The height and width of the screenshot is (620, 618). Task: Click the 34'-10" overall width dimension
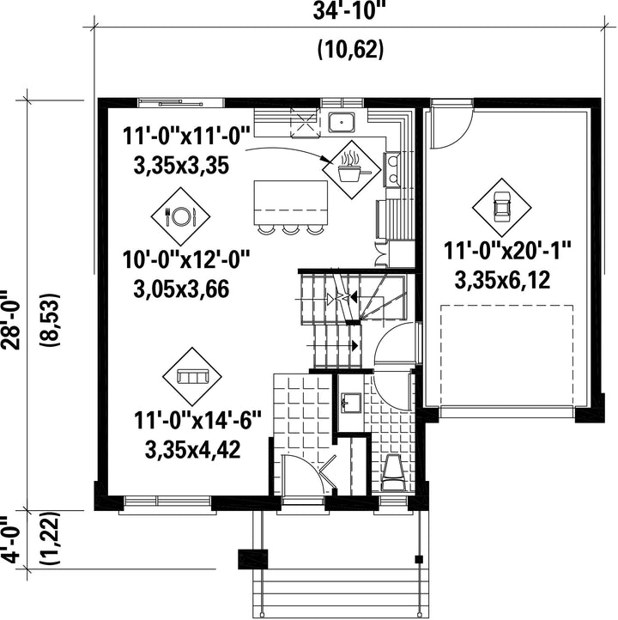pyautogui.click(x=348, y=10)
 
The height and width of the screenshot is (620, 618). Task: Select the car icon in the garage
pyautogui.click(x=502, y=206)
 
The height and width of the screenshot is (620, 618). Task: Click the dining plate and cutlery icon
pyautogui.click(x=180, y=216)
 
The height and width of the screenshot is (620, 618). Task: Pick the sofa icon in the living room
pyautogui.click(x=192, y=376)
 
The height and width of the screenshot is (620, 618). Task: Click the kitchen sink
pyautogui.click(x=342, y=122)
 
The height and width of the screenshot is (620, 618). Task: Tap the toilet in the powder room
pyautogui.click(x=393, y=472)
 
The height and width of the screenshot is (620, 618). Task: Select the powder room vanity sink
pyautogui.click(x=350, y=403)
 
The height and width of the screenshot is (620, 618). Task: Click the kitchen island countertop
pyautogui.click(x=290, y=203)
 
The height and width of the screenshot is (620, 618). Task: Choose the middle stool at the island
pyautogui.click(x=290, y=228)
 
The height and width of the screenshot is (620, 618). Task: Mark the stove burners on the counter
pyautogui.click(x=393, y=169)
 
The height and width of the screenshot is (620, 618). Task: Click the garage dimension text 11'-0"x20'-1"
pyautogui.click(x=508, y=250)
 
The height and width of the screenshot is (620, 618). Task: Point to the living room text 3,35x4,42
pyautogui.click(x=193, y=449)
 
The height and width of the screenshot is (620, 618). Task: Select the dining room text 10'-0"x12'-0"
pyautogui.click(x=186, y=260)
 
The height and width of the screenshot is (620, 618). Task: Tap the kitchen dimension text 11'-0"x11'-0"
pyautogui.click(x=186, y=136)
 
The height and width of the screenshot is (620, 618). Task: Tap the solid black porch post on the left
pyautogui.click(x=253, y=559)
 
